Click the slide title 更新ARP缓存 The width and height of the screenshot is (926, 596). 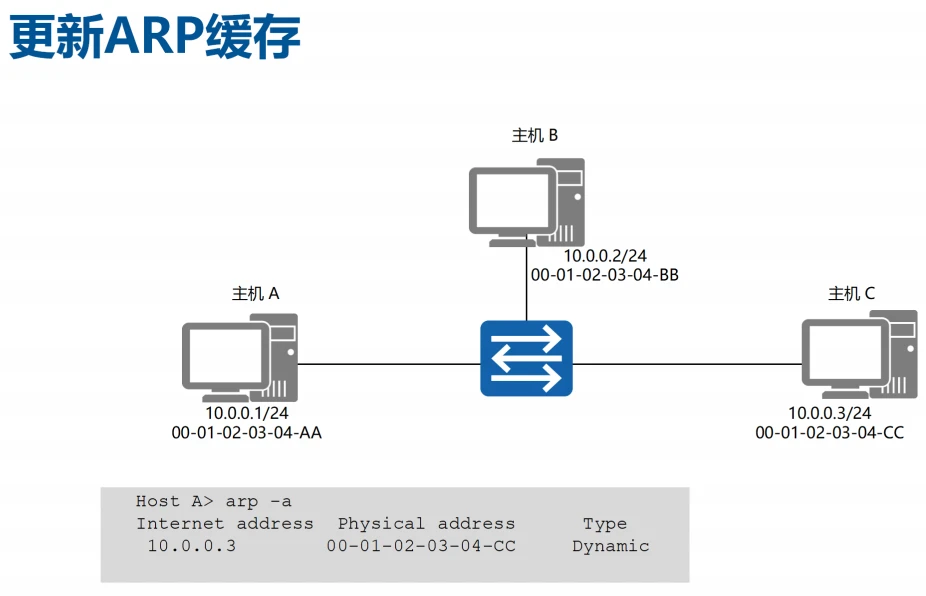155,37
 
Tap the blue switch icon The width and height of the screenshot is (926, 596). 526,358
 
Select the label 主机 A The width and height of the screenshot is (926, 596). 255,293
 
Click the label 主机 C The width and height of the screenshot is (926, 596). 851,293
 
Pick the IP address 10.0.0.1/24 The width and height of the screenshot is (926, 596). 247,413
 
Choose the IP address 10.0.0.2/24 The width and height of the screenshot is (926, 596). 604,256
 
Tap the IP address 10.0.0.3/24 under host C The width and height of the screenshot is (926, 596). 829,413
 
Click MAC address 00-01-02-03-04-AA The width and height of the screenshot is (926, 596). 247,432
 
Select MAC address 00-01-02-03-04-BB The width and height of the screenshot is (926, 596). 604,275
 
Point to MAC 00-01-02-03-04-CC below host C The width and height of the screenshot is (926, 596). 829,432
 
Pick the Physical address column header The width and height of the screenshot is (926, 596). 426,524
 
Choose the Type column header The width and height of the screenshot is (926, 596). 605,524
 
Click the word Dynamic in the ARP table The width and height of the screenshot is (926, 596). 610,546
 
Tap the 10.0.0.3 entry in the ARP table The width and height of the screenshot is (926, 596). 191,546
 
